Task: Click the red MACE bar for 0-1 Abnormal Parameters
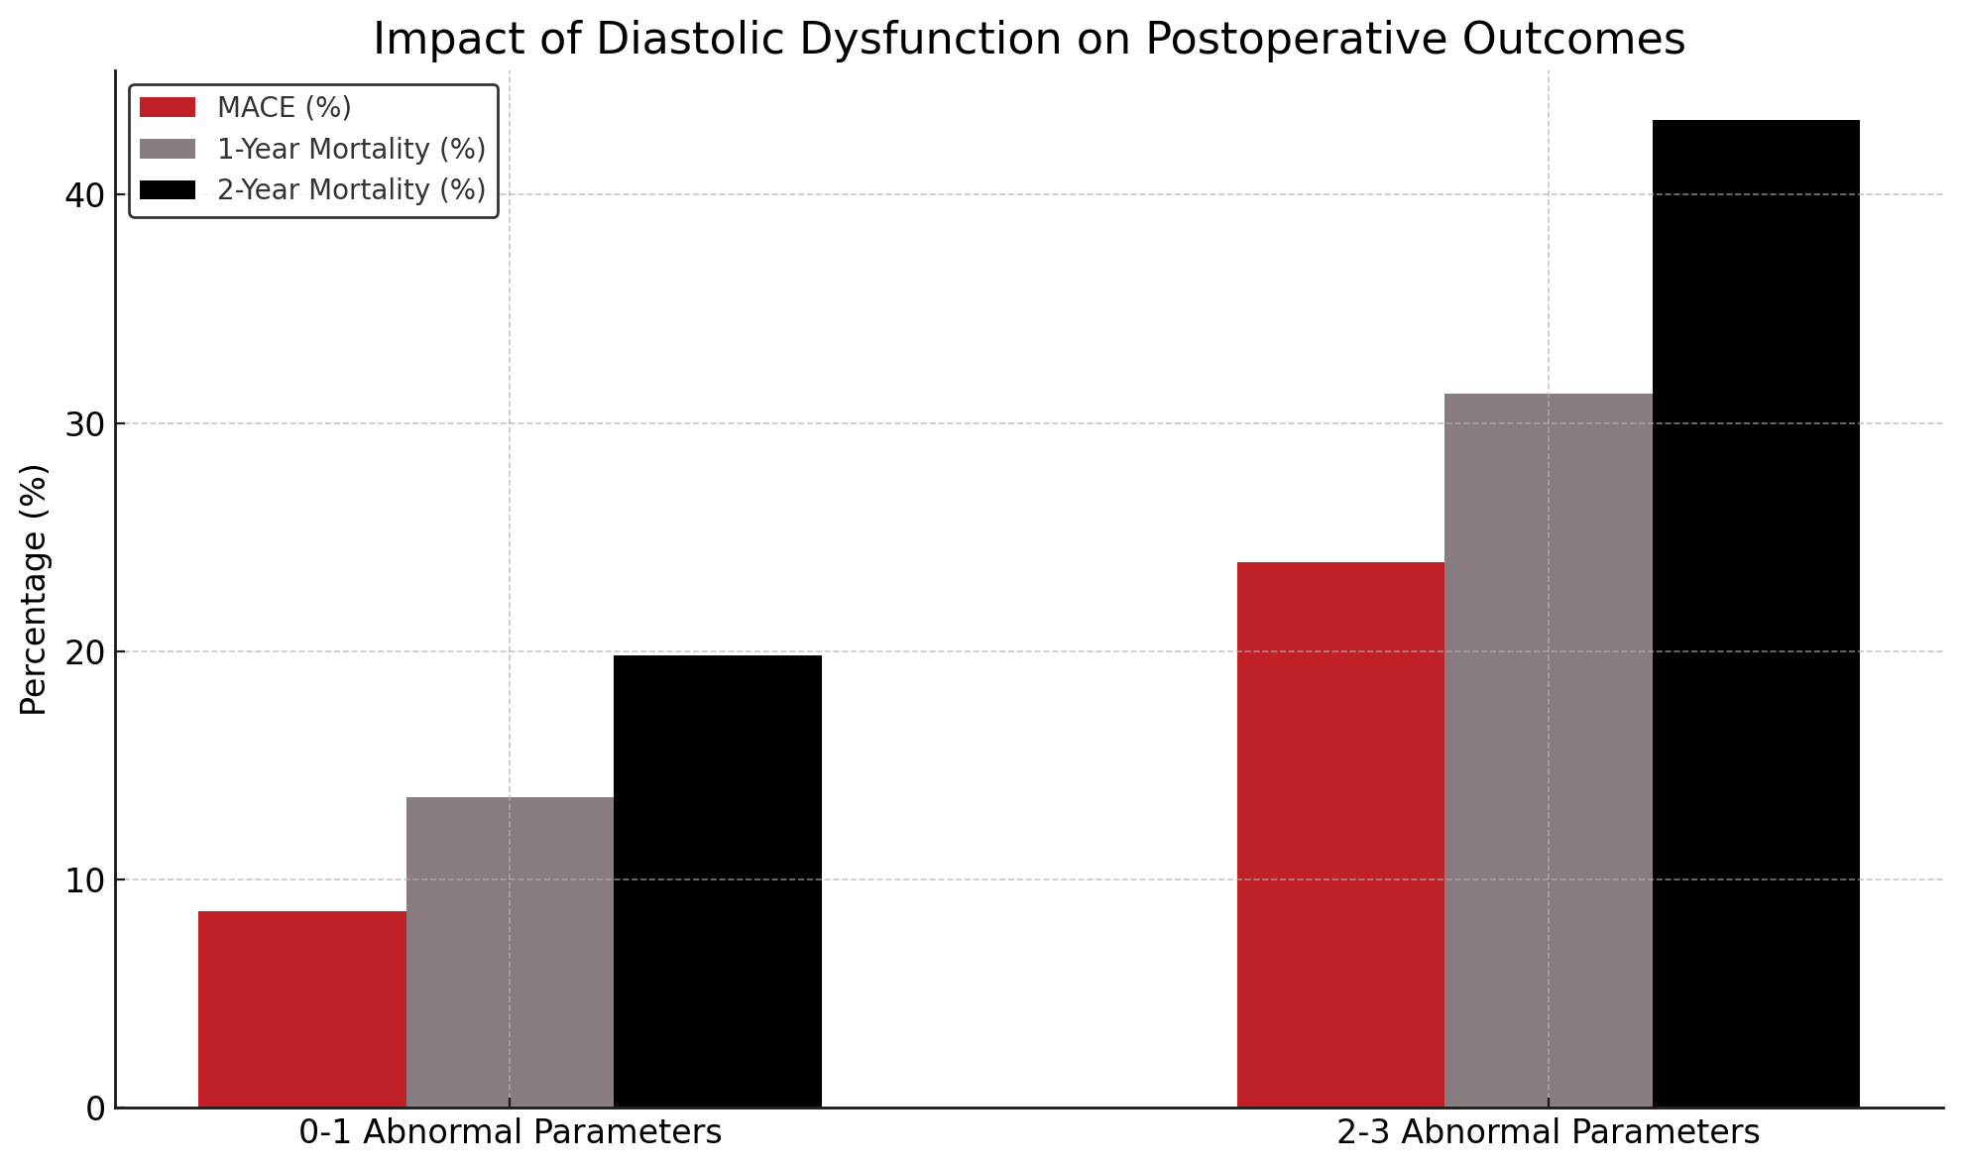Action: [x=302, y=1008]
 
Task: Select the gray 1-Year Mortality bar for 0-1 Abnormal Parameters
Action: [x=510, y=952]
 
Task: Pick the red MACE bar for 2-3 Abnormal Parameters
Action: [x=1340, y=834]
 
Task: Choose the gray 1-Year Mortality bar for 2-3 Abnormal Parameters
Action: [x=1548, y=750]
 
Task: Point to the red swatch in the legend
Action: [x=168, y=107]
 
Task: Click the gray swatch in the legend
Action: [x=168, y=149]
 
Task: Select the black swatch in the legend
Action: [x=168, y=189]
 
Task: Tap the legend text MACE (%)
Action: [x=284, y=107]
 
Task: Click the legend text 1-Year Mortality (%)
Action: [x=351, y=149]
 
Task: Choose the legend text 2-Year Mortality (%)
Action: [x=351, y=189]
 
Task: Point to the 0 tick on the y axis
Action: [x=95, y=1109]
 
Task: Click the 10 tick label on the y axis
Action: [x=85, y=880]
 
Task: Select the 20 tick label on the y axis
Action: [x=85, y=652]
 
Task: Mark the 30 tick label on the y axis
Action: [x=85, y=424]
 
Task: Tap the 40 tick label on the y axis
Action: [x=85, y=195]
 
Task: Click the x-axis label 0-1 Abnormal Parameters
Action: [x=510, y=1132]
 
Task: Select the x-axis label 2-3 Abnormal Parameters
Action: [x=1548, y=1132]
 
